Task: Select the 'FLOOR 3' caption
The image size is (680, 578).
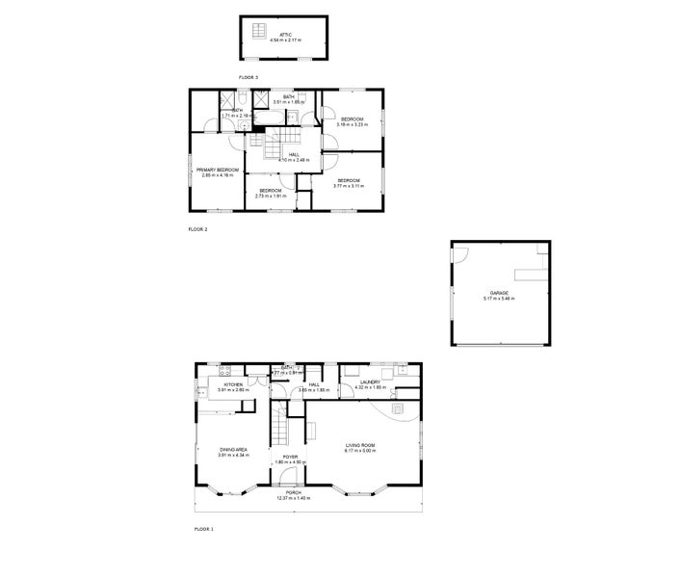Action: click(x=248, y=76)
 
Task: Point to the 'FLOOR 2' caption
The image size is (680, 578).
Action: click(x=197, y=229)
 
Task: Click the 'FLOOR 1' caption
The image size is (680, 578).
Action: click(x=203, y=529)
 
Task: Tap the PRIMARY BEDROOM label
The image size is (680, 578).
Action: click(x=218, y=170)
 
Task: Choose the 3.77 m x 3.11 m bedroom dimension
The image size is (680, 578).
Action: click(x=347, y=185)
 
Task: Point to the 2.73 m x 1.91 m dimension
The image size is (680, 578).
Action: click(x=270, y=196)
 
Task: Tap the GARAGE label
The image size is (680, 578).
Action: click(x=498, y=293)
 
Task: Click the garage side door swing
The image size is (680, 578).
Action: click(x=461, y=254)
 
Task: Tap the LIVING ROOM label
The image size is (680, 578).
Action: click(x=360, y=445)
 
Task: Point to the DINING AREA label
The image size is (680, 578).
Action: click(x=234, y=448)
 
